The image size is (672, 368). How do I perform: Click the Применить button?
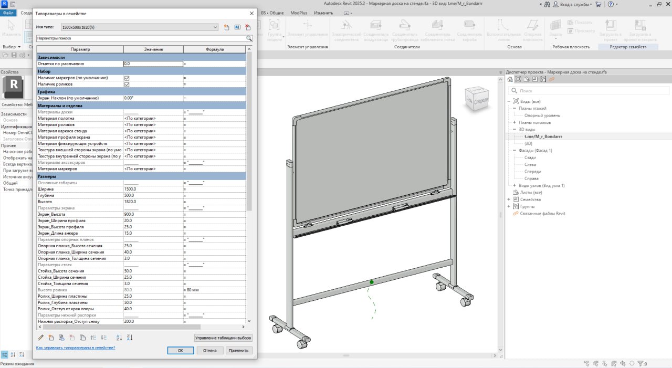239,350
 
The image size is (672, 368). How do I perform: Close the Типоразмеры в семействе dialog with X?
251,13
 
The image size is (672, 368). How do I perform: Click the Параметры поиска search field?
141,38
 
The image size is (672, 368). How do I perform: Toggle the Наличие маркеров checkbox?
127,78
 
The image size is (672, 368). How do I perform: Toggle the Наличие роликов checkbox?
127,84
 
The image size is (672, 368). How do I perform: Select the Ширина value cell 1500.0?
153,189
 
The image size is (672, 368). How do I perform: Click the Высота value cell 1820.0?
153,202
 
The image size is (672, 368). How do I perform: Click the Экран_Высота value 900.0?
153,214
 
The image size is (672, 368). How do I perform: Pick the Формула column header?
214,49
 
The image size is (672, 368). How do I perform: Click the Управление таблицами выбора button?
223,338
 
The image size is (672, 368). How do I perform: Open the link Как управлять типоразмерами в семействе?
75,348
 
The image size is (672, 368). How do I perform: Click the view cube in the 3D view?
477,99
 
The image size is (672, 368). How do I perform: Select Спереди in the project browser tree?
532,172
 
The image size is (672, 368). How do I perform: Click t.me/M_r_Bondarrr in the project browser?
543,136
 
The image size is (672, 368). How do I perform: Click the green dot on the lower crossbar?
372,282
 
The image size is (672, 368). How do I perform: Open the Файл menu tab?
8,13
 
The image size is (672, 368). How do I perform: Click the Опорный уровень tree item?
542,115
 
